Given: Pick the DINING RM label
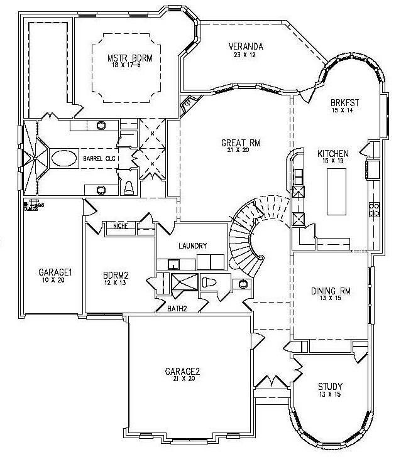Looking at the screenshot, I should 331,291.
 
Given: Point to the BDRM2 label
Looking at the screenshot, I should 116,275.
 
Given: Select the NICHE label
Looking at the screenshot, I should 121,226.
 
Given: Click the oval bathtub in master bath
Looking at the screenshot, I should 62,158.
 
